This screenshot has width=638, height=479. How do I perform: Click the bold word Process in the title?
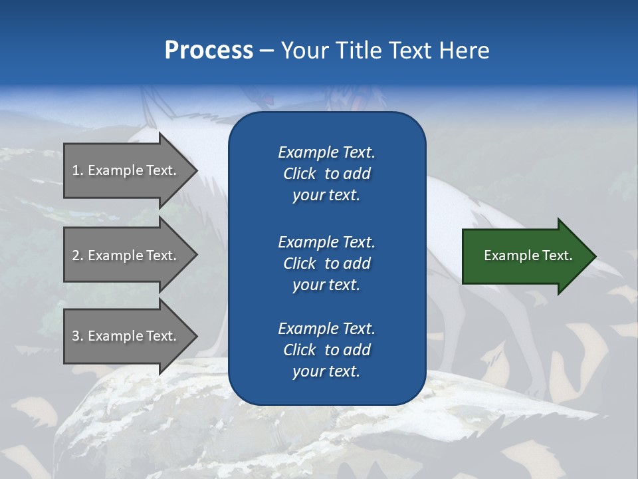[x=209, y=51]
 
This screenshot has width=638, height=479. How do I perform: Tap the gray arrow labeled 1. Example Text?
[x=124, y=170]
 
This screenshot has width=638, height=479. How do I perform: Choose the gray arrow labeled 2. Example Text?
[x=124, y=255]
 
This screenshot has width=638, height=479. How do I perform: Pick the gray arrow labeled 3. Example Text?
[x=124, y=336]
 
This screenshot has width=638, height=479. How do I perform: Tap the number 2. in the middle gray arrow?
[x=78, y=255]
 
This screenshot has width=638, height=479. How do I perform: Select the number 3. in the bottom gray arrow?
[x=78, y=336]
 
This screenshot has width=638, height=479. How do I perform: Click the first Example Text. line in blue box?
[x=326, y=152]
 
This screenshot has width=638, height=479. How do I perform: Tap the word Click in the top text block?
[x=300, y=174]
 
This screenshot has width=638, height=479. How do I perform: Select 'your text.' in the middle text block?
[x=326, y=285]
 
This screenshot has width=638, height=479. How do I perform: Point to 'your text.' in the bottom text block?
[x=326, y=371]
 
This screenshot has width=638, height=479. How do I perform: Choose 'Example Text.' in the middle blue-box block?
[x=326, y=242]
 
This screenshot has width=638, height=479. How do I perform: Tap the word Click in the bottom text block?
[x=300, y=350]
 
